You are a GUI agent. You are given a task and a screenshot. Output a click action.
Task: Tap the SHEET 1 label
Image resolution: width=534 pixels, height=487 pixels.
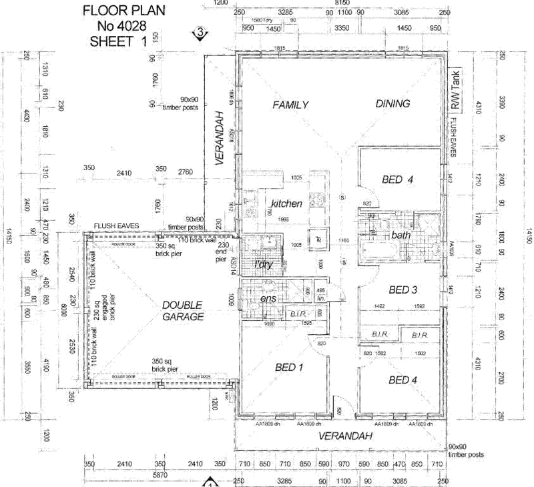pos(117,41)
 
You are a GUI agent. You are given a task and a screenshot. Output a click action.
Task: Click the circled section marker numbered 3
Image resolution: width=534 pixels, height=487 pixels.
pos(198,31)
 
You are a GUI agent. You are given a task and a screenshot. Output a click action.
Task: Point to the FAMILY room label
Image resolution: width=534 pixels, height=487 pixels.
pos(290,104)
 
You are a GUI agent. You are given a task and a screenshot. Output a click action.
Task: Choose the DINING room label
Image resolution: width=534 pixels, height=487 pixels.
pos(392,103)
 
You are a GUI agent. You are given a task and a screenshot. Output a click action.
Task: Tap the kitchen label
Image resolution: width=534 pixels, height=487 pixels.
pos(287,202)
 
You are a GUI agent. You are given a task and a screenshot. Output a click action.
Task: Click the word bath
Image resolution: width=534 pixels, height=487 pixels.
pos(400,235)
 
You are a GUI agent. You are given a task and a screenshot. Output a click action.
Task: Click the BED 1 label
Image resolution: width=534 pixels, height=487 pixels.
pos(290,367)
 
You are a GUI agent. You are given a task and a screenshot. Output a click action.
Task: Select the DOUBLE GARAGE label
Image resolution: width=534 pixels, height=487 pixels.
pos(182,311)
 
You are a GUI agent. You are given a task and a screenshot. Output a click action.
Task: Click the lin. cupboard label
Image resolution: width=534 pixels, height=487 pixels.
pos(320,298)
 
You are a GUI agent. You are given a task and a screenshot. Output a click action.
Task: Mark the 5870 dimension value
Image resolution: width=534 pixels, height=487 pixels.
pos(159,474)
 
